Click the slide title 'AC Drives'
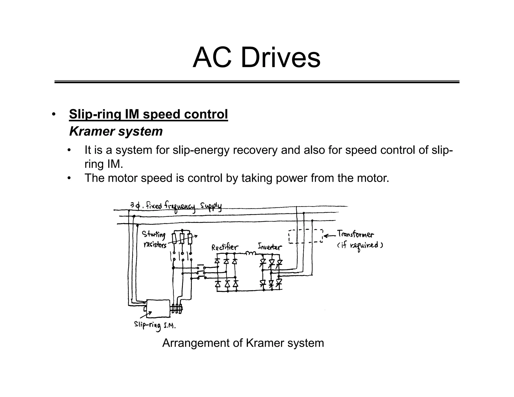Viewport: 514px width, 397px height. pyautogui.click(x=256, y=58)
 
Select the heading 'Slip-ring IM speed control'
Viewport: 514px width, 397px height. pyautogui.click(x=148, y=114)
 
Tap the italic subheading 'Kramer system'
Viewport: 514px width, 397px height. pyautogui.click(x=116, y=131)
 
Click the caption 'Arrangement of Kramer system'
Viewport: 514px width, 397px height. pyautogui.click(x=243, y=343)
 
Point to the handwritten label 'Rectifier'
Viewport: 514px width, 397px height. pyautogui.click(x=224, y=248)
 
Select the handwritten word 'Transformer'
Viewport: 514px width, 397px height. pyautogui.click(x=355, y=234)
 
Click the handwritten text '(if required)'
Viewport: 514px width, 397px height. pyautogui.click(x=360, y=245)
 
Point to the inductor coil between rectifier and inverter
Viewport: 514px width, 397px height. pyautogui.click(x=250, y=253)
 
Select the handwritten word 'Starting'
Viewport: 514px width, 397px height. pyautogui.click(x=154, y=235)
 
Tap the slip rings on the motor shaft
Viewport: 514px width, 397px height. pyautogui.click(x=177, y=308)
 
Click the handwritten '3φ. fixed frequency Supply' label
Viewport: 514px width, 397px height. pyautogui.click(x=176, y=207)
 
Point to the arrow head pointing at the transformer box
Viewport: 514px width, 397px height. pyautogui.click(x=325, y=236)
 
